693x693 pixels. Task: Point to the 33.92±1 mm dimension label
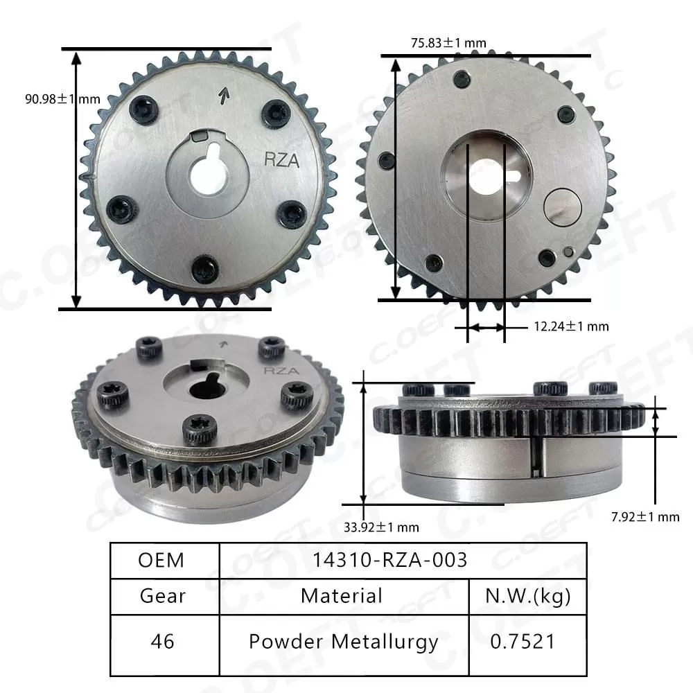pos(381,527)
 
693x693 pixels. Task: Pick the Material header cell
pos(342,596)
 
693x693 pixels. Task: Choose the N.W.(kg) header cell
pos(529,596)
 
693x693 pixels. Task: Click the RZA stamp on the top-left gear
pos(282,160)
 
